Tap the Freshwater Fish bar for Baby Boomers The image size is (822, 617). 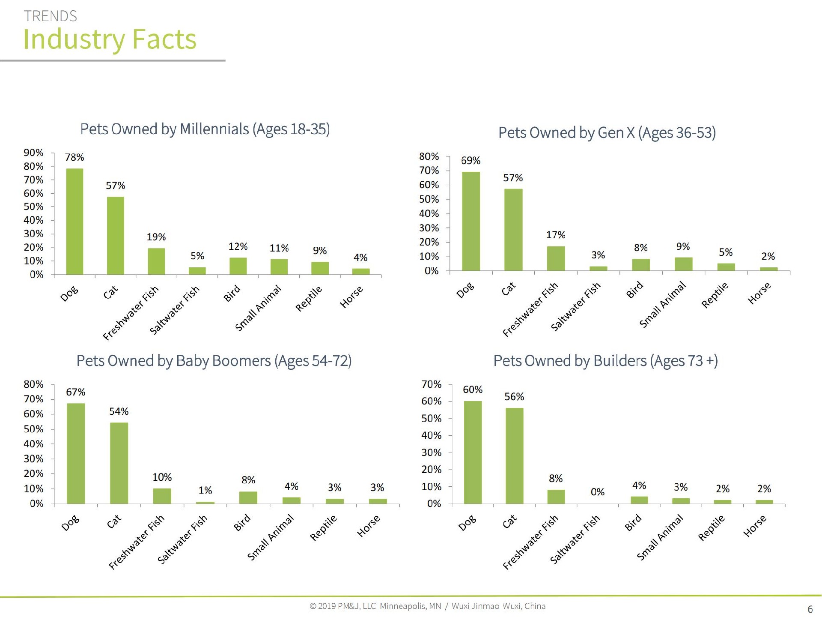click(x=162, y=496)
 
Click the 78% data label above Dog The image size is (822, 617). click(x=74, y=157)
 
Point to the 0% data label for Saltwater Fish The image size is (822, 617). click(x=598, y=492)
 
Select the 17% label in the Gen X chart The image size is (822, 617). click(x=556, y=235)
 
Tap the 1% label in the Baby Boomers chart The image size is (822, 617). click(x=205, y=490)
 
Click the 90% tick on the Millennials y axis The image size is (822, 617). click(x=33, y=153)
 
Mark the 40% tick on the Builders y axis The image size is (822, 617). click(x=431, y=435)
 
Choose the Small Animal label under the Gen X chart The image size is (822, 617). click(x=663, y=305)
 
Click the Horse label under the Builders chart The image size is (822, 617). click(x=755, y=526)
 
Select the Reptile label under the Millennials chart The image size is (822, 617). click(x=309, y=299)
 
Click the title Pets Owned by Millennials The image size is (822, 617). click(x=205, y=129)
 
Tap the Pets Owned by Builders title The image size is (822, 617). click(x=605, y=361)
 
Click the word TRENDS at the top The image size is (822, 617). click(x=51, y=16)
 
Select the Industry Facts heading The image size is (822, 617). click(x=110, y=39)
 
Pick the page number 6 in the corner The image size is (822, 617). click(x=810, y=609)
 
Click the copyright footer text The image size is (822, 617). click(x=427, y=606)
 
